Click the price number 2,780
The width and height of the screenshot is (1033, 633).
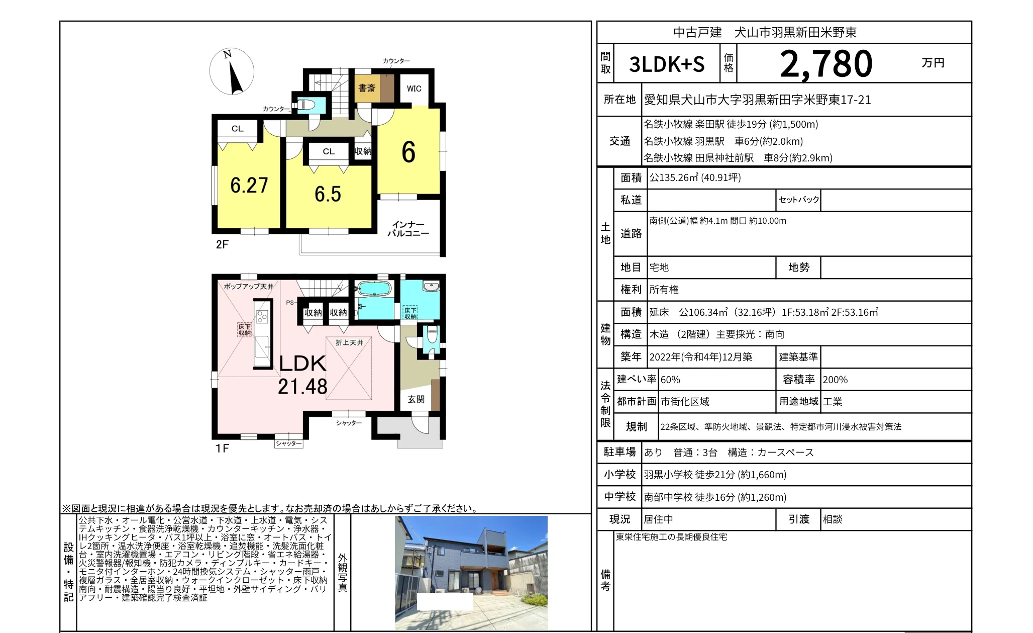826,64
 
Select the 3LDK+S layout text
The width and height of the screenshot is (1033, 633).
667,64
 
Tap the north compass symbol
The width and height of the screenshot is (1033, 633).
232,71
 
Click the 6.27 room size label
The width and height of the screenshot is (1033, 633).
249,185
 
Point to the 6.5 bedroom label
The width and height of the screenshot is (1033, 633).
328,194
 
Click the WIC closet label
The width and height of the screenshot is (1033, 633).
414,88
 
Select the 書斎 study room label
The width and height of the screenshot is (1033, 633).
367,88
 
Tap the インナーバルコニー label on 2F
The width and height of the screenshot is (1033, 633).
408,229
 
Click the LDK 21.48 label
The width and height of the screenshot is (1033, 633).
302,375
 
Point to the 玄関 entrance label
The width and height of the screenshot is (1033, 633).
416,399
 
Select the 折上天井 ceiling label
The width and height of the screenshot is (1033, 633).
349,342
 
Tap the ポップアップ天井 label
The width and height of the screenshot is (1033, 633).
249,286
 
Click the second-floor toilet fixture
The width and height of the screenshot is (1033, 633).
307,105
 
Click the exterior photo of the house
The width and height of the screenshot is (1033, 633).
471,572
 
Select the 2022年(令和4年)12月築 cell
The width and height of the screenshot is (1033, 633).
701,357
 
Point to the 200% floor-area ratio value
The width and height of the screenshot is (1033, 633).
835,380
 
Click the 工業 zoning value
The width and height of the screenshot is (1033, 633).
833,402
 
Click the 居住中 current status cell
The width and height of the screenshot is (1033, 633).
659,519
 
